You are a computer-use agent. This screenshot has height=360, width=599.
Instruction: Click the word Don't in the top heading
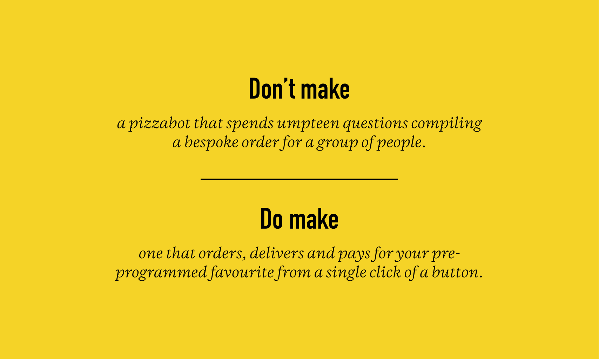click(272, 88)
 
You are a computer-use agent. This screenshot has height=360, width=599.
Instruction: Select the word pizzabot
click(160, 124)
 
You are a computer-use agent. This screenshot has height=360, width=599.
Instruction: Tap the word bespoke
click(211, 142)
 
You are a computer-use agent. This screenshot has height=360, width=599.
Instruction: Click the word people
click(399, 142)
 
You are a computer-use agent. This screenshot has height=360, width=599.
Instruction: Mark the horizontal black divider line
click(299, 179)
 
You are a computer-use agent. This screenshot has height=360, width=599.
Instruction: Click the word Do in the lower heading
click(271, 219)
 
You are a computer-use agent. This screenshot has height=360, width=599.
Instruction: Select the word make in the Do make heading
click(314, 219)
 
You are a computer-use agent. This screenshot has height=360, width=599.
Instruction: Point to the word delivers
click(277, 253)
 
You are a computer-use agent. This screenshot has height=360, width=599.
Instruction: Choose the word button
click(455, 272)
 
